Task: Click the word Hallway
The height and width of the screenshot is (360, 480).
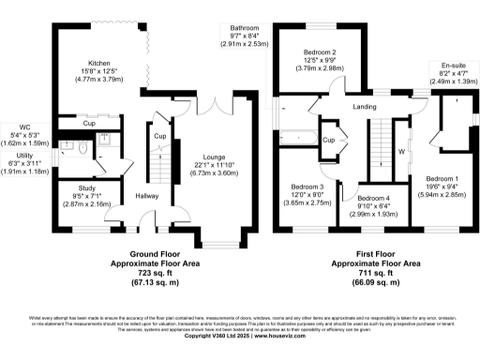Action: (146, 195)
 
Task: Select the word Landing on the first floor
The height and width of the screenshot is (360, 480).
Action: (365, 106)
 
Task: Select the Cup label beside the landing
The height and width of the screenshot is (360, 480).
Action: (329, 140)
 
